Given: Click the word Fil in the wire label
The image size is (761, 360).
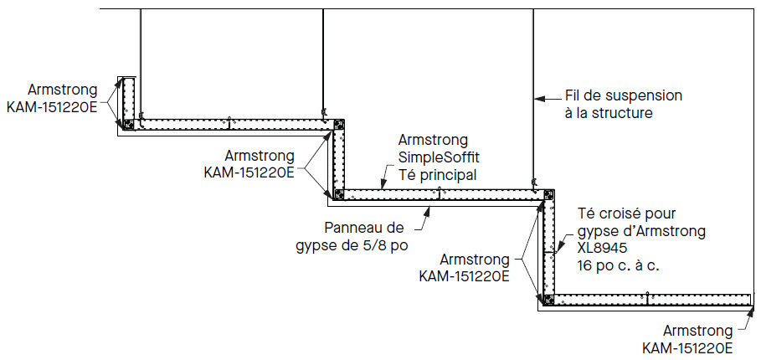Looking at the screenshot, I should click(575, 95).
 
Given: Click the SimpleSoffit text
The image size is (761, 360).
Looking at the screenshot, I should click(439, 157).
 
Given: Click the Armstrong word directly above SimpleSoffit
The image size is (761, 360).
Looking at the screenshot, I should click(434, 140).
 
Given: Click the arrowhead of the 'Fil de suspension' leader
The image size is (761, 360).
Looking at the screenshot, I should click(537, 95).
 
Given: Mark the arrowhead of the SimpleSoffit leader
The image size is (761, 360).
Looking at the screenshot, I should click(382, 188).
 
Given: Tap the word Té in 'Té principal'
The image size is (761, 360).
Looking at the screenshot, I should click(409, 175).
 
